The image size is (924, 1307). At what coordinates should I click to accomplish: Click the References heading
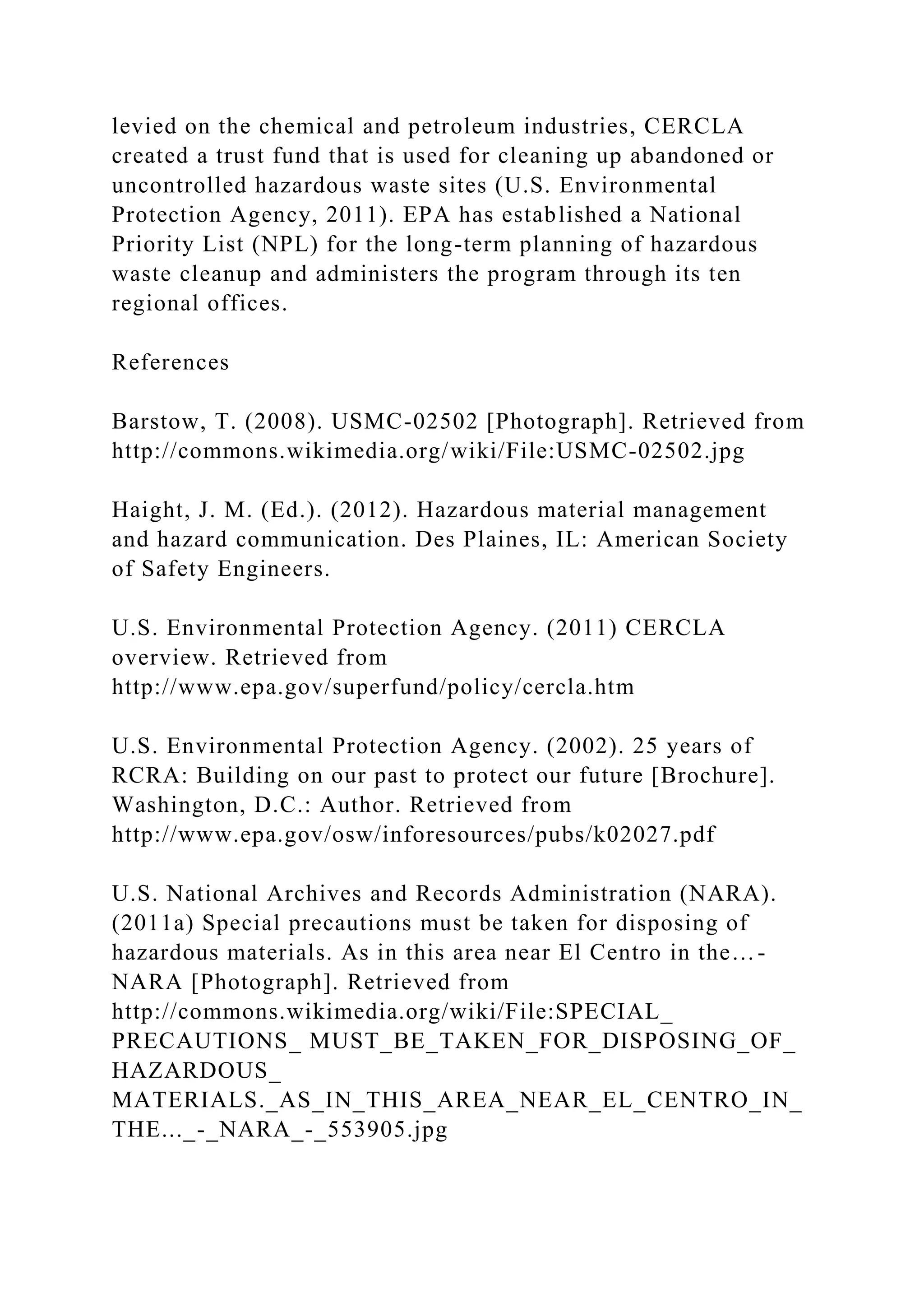[x=170, y=362]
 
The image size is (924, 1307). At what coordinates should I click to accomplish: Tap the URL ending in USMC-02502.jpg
[x=428, y=451]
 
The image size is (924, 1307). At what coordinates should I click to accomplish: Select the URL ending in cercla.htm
[x=373, y=687]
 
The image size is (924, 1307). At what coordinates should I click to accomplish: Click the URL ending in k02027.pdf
[x=413, y=835]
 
